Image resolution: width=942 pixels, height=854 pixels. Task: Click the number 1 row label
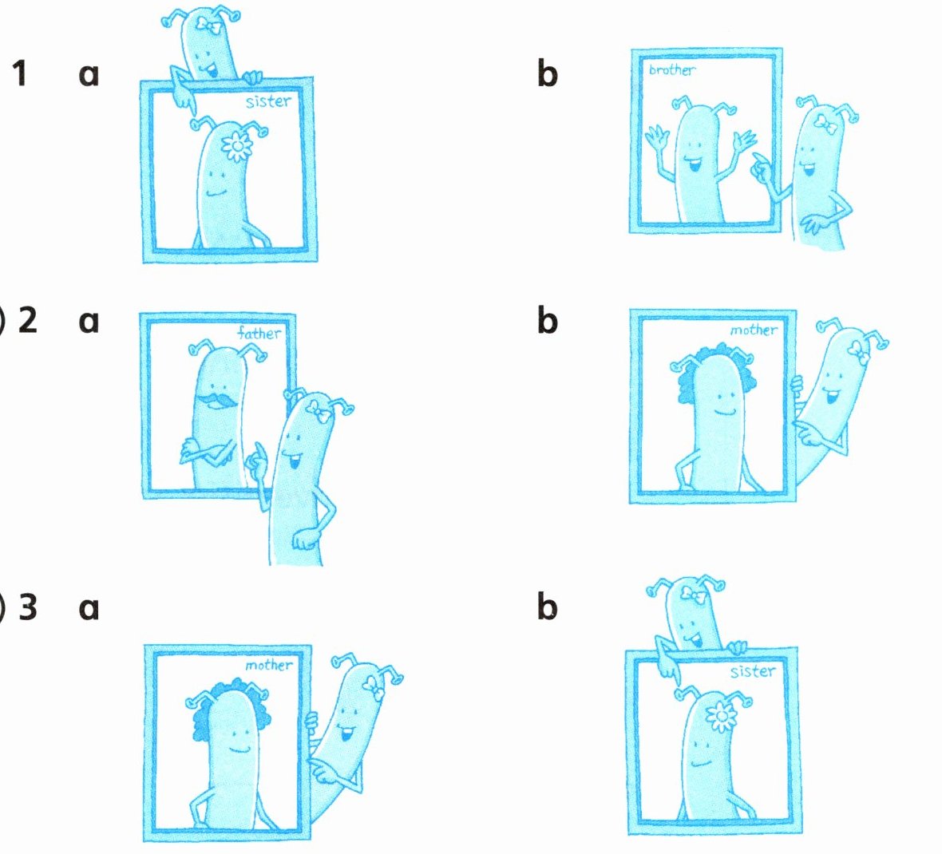[20, 73]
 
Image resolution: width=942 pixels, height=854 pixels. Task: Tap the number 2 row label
[28, 320]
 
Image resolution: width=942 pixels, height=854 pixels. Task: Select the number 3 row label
[28, 607]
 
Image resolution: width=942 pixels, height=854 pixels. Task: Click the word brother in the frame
[672, 69]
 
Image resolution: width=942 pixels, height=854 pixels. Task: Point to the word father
[259, 333]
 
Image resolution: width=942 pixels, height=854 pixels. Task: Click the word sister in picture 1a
[268, 101]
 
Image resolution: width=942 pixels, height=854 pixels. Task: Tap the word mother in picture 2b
[754, 330]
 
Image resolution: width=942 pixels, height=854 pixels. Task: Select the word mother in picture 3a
[268, 665]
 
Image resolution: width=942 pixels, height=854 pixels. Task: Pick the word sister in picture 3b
[753, 670]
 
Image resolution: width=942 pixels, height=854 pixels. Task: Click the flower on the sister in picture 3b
[721, 716]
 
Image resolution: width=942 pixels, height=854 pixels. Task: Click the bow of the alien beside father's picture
[319, 411]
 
